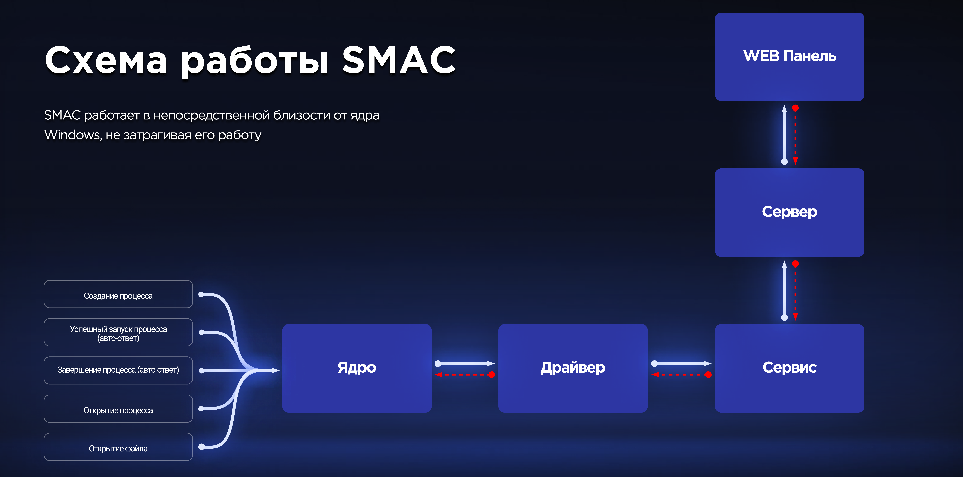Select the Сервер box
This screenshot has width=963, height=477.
click(x=790, y=212)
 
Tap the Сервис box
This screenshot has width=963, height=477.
click(x=790, y=368)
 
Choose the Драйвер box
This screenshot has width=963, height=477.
click(x=573, y=368)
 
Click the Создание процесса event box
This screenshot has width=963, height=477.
click(x=118, y=294)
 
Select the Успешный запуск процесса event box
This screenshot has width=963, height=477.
click(x=118, y=332)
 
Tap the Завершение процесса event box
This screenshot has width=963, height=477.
click(x=118, y=370)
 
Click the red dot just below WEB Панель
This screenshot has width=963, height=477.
click(x=795, y=108)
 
